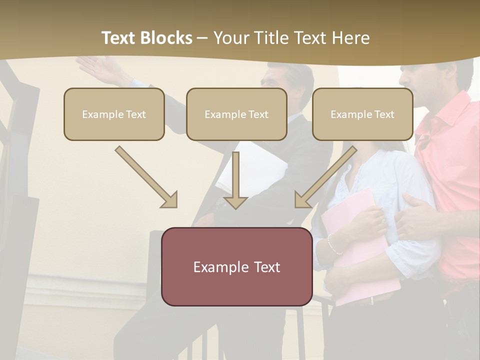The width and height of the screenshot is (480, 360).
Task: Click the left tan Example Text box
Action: (x=114, y=114)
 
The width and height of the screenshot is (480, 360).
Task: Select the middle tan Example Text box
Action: (x=236, y=114)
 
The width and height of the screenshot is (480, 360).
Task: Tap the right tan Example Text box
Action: (x=362, y=114)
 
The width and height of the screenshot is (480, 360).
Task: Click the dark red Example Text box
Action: (x=236, y=266)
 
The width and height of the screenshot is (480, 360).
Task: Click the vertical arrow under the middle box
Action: (x=235, y=180)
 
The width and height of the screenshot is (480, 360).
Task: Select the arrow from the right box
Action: (x=325, y=177)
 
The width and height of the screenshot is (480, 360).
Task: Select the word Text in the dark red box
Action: (x=263, y=267)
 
